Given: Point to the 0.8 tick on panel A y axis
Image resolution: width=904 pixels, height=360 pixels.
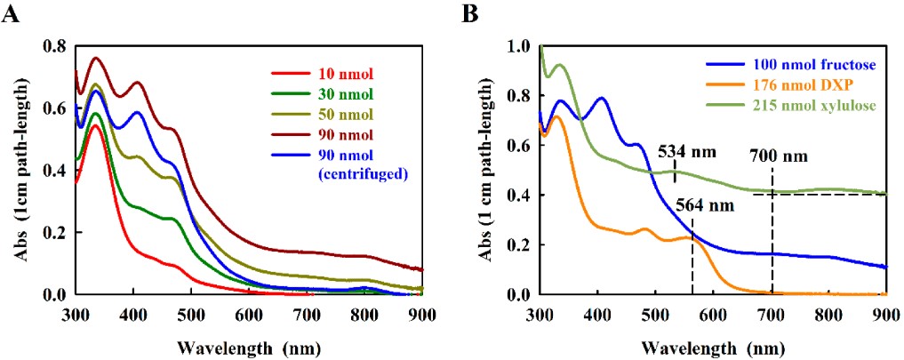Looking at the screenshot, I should (54, 46).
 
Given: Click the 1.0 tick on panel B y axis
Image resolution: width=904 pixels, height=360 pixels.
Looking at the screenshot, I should (518, 46).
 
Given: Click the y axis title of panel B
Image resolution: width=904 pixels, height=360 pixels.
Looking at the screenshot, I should (488, 169).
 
